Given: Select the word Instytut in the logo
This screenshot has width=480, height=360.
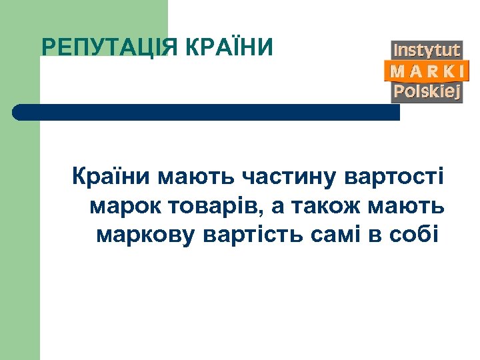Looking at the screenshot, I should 427,51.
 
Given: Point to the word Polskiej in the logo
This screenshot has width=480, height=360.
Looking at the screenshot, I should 427,92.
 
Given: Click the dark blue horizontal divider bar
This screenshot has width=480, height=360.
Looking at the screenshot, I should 207,112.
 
